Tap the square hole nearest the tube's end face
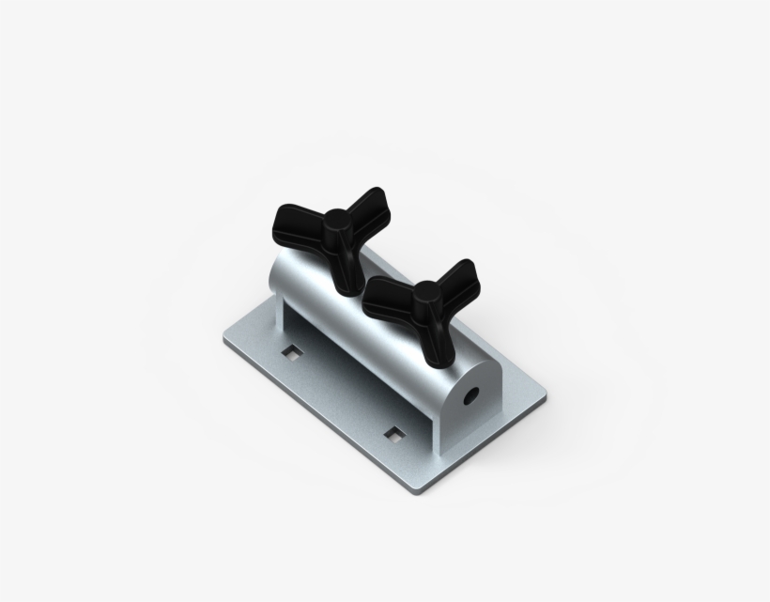click(x=396, y=434)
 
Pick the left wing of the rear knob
click(x=292, y=224)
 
